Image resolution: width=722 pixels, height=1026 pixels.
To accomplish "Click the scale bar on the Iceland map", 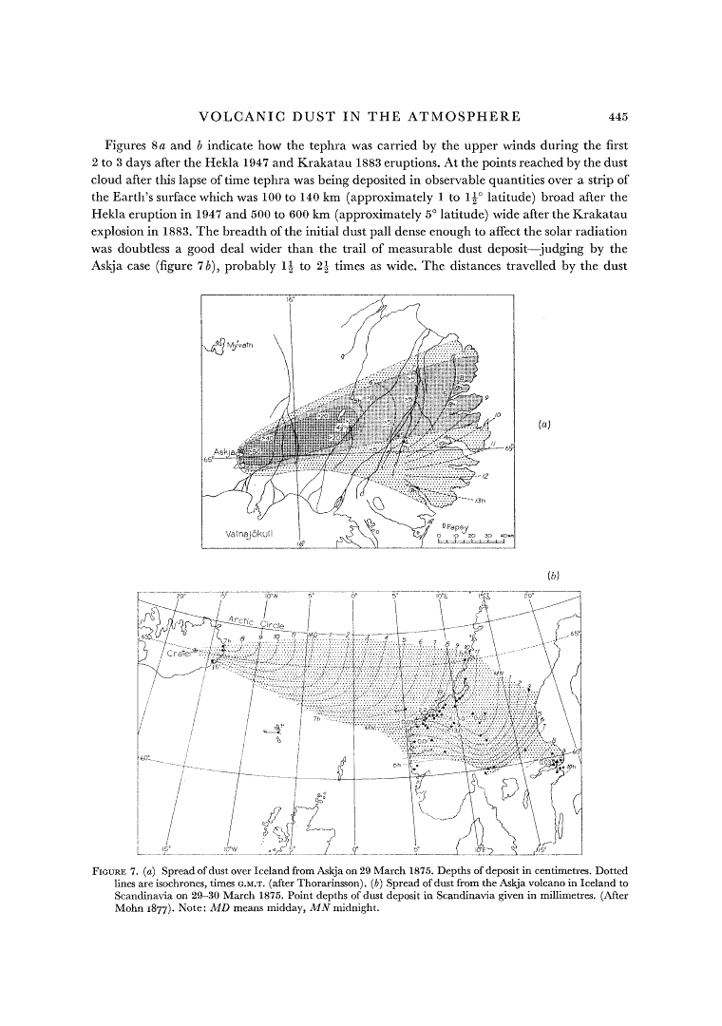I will pos(475,542).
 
